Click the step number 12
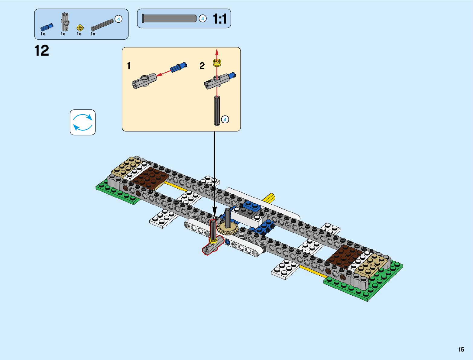tap(42, 51)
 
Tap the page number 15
tap(461, 350)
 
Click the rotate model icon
tap(83, 122)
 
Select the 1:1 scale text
tap(220, 19)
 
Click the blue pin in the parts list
tap(47, 27)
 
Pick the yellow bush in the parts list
tap(80, 28)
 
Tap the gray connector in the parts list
tap(65, 21)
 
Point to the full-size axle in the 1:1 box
tap(169, 19)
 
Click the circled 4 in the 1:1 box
tap(202, 19)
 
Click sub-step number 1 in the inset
tap(129, 66)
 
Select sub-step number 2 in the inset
tap(202, 66)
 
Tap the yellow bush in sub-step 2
tap(217, 63)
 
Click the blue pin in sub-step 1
tap(179, 67)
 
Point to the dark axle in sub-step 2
tap(217, 110)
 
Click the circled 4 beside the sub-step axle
tap(225, 120)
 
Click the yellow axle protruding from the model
tap(270, 198)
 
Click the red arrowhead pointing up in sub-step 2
tap(217, 50)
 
